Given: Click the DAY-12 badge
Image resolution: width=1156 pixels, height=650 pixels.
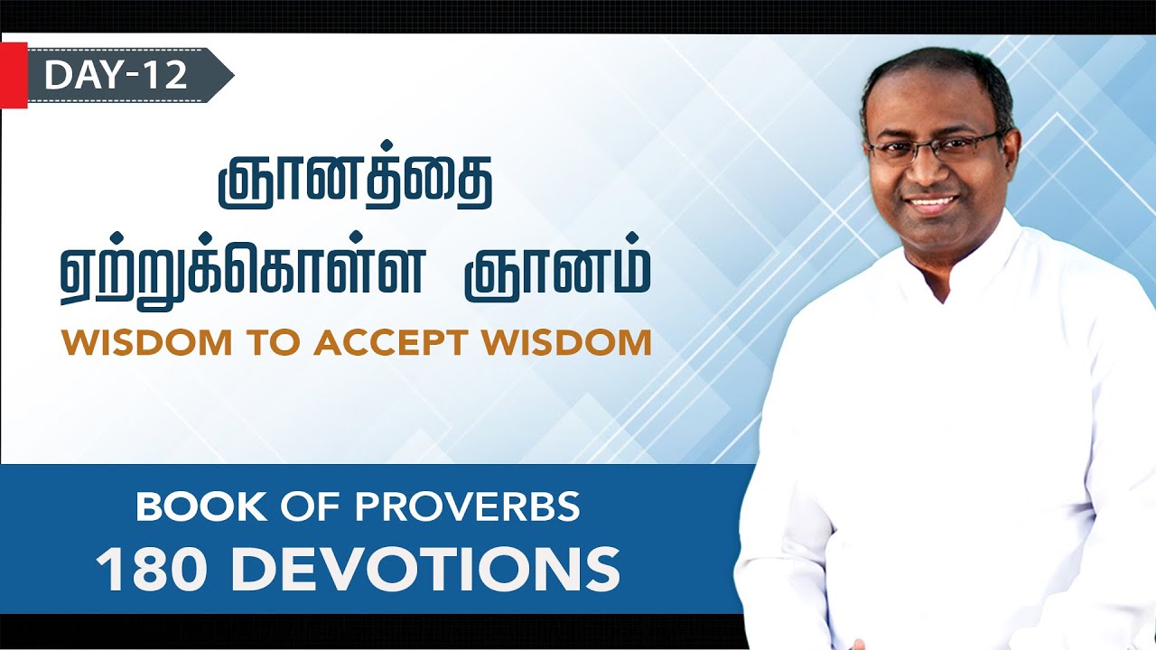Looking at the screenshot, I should coord(117,75).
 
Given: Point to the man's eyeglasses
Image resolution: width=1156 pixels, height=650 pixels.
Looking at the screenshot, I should coord(935,147).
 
